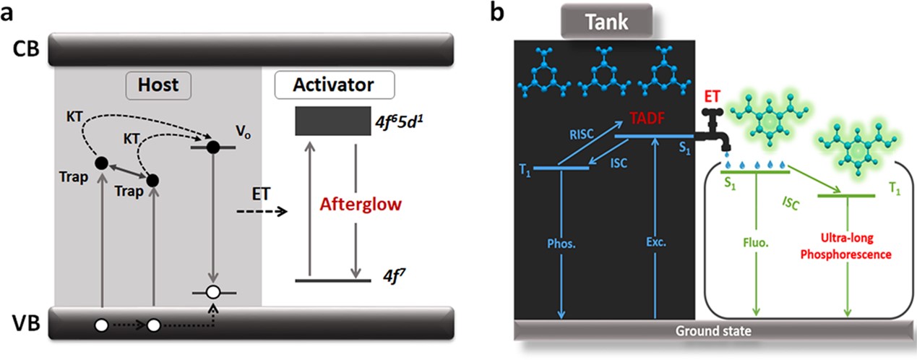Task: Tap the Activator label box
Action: (334, 85)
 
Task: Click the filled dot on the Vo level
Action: (212, 147)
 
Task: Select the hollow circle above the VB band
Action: (212, 293)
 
